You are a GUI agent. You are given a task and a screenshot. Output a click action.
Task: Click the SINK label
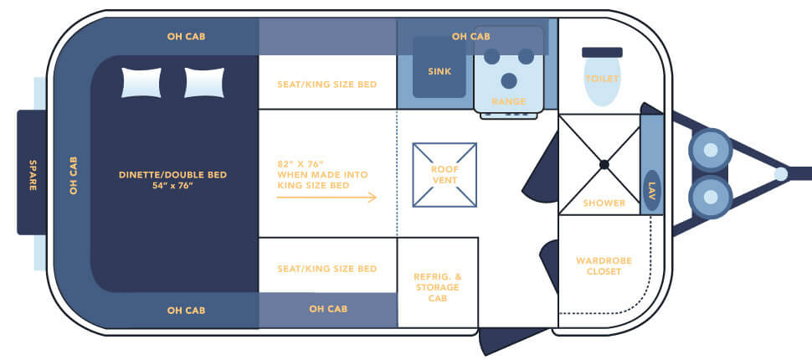tap(439, 72)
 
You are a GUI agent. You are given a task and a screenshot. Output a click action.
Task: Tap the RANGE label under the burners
tap(509, 101)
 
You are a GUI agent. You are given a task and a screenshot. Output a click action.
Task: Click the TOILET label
tap(602, 79)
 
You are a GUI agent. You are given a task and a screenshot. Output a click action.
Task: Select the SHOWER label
tap(604, 203)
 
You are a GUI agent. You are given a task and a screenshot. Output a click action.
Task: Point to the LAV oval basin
tap(651, 190)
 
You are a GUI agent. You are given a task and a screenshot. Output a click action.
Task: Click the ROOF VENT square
tap(445, 174)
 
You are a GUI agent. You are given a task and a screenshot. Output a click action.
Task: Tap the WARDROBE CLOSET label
tap(604, 266)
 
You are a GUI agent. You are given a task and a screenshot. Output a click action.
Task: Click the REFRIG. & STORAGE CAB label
tap(438, 287)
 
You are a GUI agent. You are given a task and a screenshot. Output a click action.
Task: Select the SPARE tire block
tap(33, 173)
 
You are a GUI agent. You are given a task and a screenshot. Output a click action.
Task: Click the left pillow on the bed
tap(141, 83)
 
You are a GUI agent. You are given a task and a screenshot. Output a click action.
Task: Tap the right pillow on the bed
tap(203, 83)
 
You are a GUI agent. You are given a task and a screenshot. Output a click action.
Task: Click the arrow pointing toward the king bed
tap(326, 198)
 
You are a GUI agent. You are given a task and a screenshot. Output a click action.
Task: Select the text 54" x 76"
tap(172, 185)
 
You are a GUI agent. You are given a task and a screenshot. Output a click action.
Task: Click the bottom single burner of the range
tap(508, 80)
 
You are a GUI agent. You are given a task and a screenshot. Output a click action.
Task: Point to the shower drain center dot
tap(604, 164)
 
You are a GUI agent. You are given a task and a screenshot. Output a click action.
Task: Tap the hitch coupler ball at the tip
tap(780, 174)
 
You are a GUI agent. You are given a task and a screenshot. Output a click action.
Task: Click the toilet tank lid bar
tap(602, 52)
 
